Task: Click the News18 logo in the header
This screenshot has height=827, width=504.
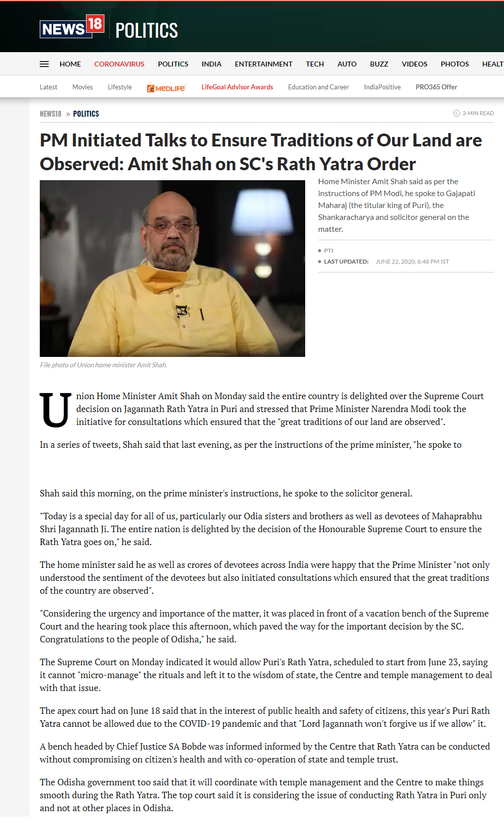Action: click(72, 28)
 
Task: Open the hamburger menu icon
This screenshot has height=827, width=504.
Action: click(44, 64)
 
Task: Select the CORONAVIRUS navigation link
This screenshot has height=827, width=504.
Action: click(119, 64)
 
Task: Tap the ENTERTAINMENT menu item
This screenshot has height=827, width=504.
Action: click(263, 64)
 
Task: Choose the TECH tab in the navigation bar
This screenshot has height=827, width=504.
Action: click(315, 64)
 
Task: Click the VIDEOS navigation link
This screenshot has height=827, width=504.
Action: click(414, 64)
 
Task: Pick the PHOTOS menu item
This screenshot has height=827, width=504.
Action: click(454, 64)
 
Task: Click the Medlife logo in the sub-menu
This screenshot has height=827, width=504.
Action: click(166, 88)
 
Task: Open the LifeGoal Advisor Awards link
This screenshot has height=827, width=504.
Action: click(237, 87)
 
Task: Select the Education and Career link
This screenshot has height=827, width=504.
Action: click(318, 87)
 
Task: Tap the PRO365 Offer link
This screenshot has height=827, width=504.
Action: click(436, 87)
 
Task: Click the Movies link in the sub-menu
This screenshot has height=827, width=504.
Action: click(83, 87)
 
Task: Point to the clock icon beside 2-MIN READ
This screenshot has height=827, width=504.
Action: click(456, 113)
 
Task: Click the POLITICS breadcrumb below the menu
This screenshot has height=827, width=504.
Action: click(86, 114)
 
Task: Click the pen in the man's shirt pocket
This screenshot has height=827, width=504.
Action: click(202, 314)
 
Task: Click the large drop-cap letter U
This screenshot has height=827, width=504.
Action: click(55, 410)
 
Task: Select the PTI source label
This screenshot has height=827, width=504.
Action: click(329, 251)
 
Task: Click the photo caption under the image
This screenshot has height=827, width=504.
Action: click(103, 365)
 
